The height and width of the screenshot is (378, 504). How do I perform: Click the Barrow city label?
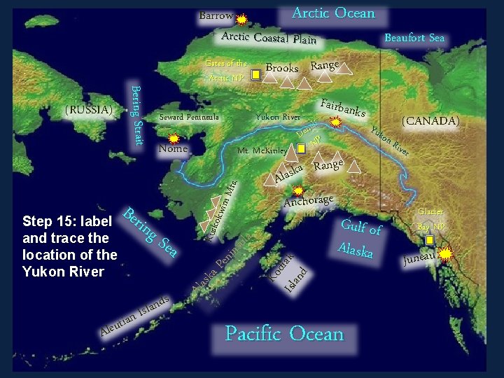click(x=216, y=15)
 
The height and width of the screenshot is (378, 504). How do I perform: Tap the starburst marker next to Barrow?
click(x=241, y=20)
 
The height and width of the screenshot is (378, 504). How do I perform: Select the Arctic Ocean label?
click(x=333, y=13)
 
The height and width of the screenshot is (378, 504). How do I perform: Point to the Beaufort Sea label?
click(x=414, y=38)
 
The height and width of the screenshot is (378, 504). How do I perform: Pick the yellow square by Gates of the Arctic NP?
click(x=256, y=72)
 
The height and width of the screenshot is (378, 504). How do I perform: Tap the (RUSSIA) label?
click(x=88, y=110)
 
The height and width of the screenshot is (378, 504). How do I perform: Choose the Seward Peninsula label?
click(x=189, y=117)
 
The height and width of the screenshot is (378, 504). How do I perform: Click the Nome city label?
click(x=173, y=148)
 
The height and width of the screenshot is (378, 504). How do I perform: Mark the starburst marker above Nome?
click(x=174, y=139)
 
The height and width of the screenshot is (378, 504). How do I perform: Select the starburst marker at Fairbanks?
click(x=335, y=122)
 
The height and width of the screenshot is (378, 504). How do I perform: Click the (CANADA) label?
click(x=430, y=121)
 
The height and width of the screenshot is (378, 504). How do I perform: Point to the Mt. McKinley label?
click(x=261, y=150)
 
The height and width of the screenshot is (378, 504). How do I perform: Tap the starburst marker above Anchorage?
click(x=298, y=190)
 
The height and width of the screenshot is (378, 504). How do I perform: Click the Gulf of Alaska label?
click(x=360, y=237)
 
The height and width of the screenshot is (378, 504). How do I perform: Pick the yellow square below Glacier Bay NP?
click(x=429, y=239)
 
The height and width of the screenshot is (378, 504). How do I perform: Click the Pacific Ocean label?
click(x=284, y=334)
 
